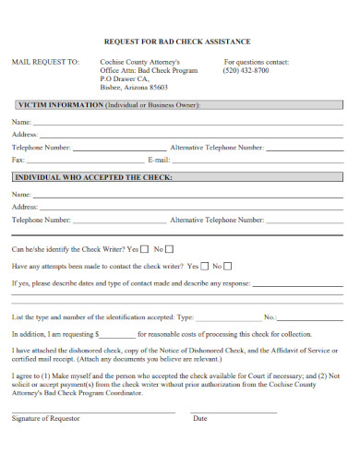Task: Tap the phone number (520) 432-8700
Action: [246, 70]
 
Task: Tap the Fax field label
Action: [18, 160]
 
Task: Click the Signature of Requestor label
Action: [46, 418]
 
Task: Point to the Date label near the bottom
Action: [199, 418]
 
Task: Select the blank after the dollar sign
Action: [117, 333]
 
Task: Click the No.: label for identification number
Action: [270, 317]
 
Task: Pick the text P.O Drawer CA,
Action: [124, 78]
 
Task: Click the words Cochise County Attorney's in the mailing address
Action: [146, 61]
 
